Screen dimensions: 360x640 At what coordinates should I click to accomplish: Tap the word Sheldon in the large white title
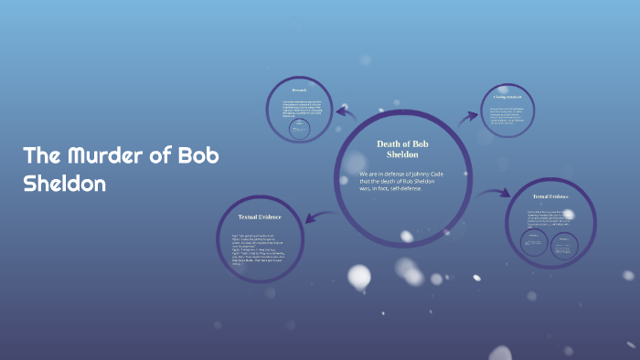[x=64, y=183]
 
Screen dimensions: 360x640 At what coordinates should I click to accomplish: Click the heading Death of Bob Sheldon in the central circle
[x=403, y=149]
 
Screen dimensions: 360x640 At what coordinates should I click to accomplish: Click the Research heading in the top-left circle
[x=299, y=90]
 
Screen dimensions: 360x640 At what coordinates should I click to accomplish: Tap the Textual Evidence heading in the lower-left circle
[x=260, y=217]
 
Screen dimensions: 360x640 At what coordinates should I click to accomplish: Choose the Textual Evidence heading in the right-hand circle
[x=550, y=196]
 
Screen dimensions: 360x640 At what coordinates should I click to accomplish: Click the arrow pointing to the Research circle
[x=346, y=113]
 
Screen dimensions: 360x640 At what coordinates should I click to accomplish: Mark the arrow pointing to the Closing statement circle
[x=468, y=116]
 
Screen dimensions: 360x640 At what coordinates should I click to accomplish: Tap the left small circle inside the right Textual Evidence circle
[x=534, y=243]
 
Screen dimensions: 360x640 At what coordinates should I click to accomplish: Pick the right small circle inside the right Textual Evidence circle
[x=564, y=243]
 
